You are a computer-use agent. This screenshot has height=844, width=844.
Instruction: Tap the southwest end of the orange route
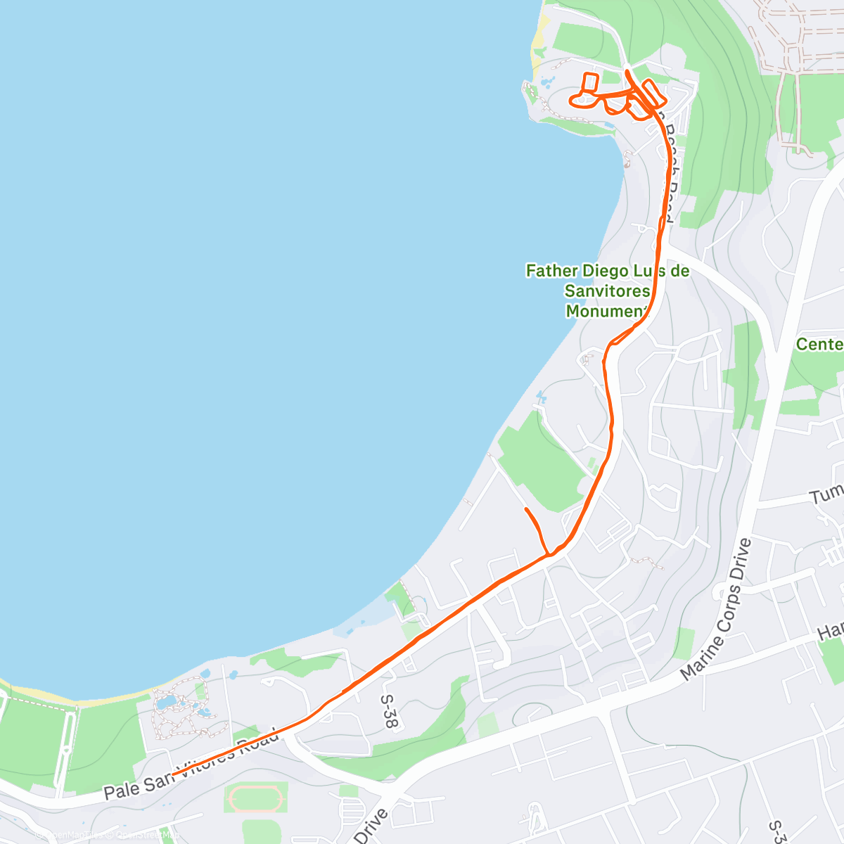click(x=174, y=774)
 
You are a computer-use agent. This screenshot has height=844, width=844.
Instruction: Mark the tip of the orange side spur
click(x=526, y=509)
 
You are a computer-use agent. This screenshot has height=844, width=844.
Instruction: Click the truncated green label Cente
click(x=819, y=344)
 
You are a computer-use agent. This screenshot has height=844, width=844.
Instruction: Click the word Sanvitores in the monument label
click(x=607, y=290)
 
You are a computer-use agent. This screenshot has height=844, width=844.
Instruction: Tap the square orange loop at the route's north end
click(x=589, y=82)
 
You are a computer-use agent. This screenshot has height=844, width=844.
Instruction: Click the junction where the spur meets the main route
click(x=549, y=555)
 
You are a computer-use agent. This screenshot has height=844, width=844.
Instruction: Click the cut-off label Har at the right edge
click(x=830, y=631)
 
